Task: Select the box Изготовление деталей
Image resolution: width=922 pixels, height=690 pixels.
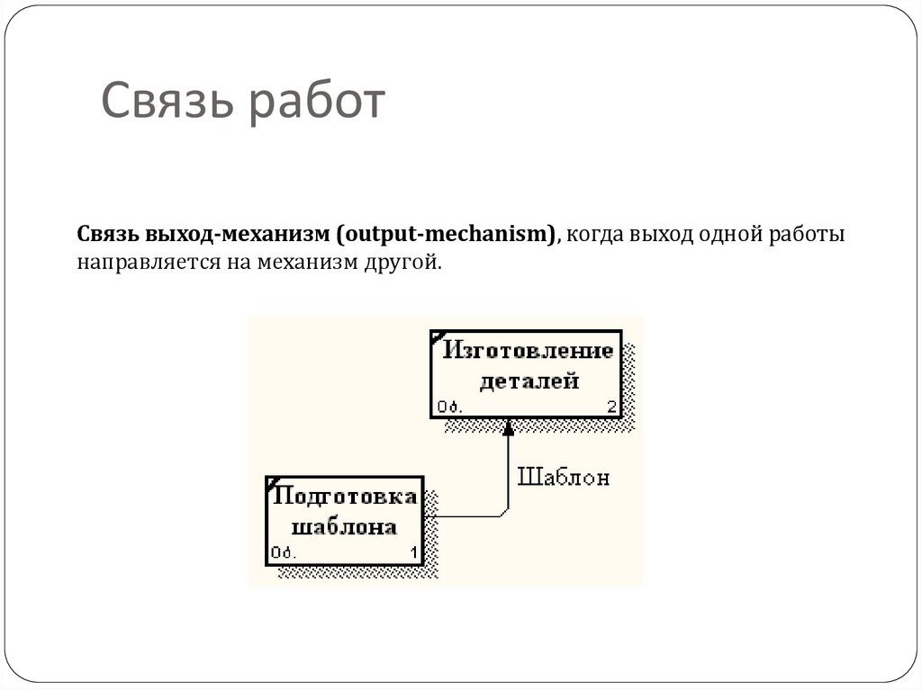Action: click(x=526, y=373)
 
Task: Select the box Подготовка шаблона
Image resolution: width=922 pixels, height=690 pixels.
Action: click(x=345, y=521)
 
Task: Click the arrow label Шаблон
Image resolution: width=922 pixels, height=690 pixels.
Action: click(x=563, y=478)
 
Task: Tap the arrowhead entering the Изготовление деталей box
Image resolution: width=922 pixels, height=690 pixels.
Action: click(x=508, y=428)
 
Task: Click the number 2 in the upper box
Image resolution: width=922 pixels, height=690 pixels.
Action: click(x=612, y=407)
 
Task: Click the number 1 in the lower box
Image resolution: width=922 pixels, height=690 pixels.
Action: click(x=414, y=553)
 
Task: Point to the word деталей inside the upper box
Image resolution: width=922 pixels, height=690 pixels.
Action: click(x=529, y=381)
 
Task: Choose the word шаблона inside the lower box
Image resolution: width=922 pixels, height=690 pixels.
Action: click(x=346, y=527)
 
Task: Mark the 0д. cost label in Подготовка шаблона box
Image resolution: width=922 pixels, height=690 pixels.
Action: click(x=282, y=553)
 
